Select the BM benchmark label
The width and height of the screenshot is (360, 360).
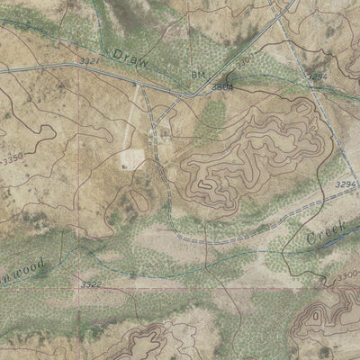pos(199,75)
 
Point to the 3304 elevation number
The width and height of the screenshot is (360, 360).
pos(222,87)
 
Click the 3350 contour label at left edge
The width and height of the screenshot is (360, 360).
pos(11,157)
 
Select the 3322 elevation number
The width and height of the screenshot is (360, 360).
pos(91,284)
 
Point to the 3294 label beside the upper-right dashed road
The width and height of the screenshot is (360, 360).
pos(317,78)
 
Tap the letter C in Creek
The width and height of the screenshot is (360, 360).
pos(310,240)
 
